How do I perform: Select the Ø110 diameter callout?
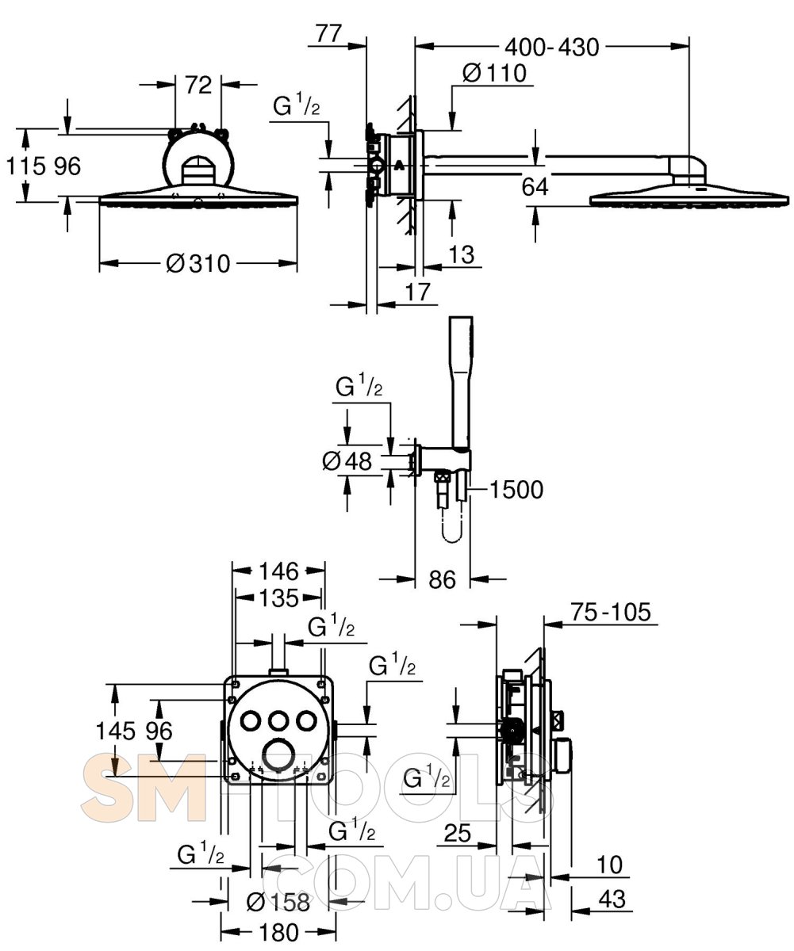[493, 74]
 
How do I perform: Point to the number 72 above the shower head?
[198, 85]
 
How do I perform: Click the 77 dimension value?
[328, 34]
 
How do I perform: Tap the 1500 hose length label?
[516, 491]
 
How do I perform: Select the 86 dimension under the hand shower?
[443, 579]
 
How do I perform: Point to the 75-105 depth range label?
[610, 612]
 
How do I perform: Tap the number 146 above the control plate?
[277, 571]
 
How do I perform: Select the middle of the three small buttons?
[278, 720]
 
